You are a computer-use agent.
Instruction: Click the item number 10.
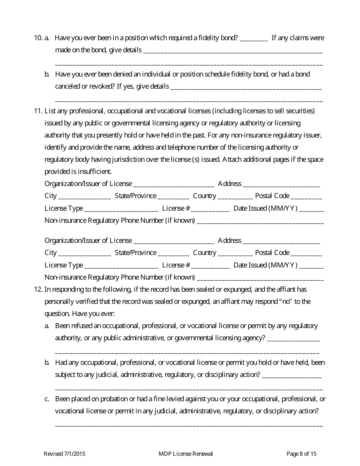[x=38, y=38]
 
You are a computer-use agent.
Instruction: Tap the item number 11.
[x=38, y=111]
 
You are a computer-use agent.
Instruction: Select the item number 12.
[x=38, y=289]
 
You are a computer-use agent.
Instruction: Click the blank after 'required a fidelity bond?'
[x=254, y=39]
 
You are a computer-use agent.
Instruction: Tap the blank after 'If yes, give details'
[x=246, y=87]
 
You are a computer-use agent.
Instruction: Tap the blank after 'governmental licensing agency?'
[x=293, y=339]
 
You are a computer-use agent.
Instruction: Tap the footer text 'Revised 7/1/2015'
[x=62, y=454]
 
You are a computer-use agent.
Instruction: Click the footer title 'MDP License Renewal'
[x=186, y=454]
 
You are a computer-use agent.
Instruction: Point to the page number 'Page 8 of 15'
[x=301, y=454]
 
